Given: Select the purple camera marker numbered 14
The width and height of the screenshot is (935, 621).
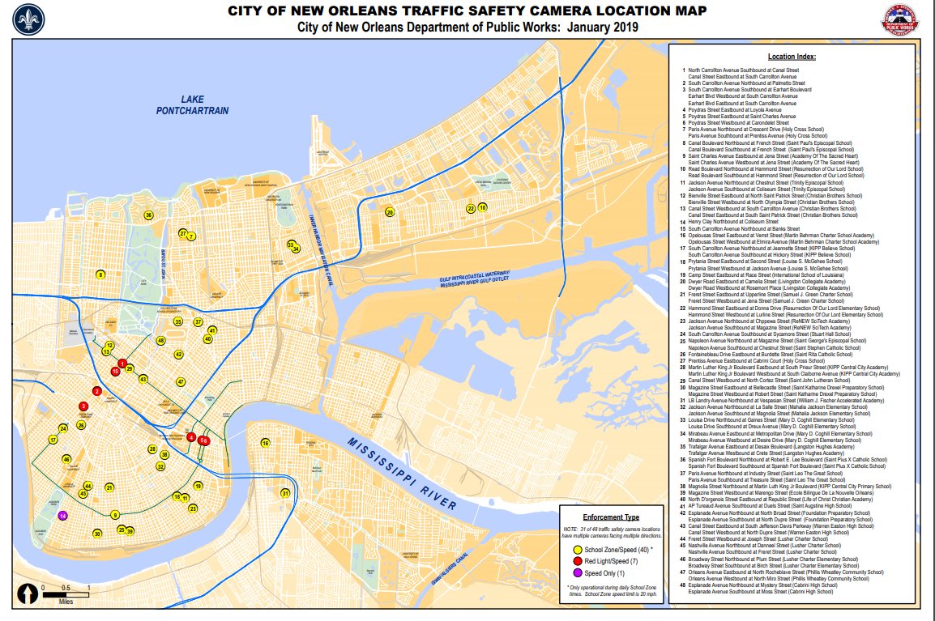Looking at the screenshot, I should [63, 516].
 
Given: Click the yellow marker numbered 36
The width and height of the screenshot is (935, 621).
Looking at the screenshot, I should [148, 215].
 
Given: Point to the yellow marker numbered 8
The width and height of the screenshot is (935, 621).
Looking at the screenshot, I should [100, 274].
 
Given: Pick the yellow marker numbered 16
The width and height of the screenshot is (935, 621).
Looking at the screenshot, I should [265, 443].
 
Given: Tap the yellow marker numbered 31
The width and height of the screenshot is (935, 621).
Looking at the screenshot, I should [284, 493].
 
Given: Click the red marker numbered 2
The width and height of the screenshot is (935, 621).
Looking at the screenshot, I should [97, 391].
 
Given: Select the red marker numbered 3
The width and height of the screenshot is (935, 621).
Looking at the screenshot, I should [83, 406].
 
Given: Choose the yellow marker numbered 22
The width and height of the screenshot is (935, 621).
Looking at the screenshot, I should [471, 208].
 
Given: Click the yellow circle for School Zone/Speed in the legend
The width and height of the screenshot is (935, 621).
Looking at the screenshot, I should [570, 550].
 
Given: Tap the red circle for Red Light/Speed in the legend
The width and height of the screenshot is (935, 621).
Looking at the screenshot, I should [570, 561].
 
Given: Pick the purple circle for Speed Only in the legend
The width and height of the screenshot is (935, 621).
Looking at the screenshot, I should [570, 572].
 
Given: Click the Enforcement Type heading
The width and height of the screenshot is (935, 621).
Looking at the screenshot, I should [611, 517].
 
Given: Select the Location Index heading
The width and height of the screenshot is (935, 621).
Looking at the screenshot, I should [792, 57].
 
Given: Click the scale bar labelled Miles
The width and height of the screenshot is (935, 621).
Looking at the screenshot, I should [66, 595].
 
